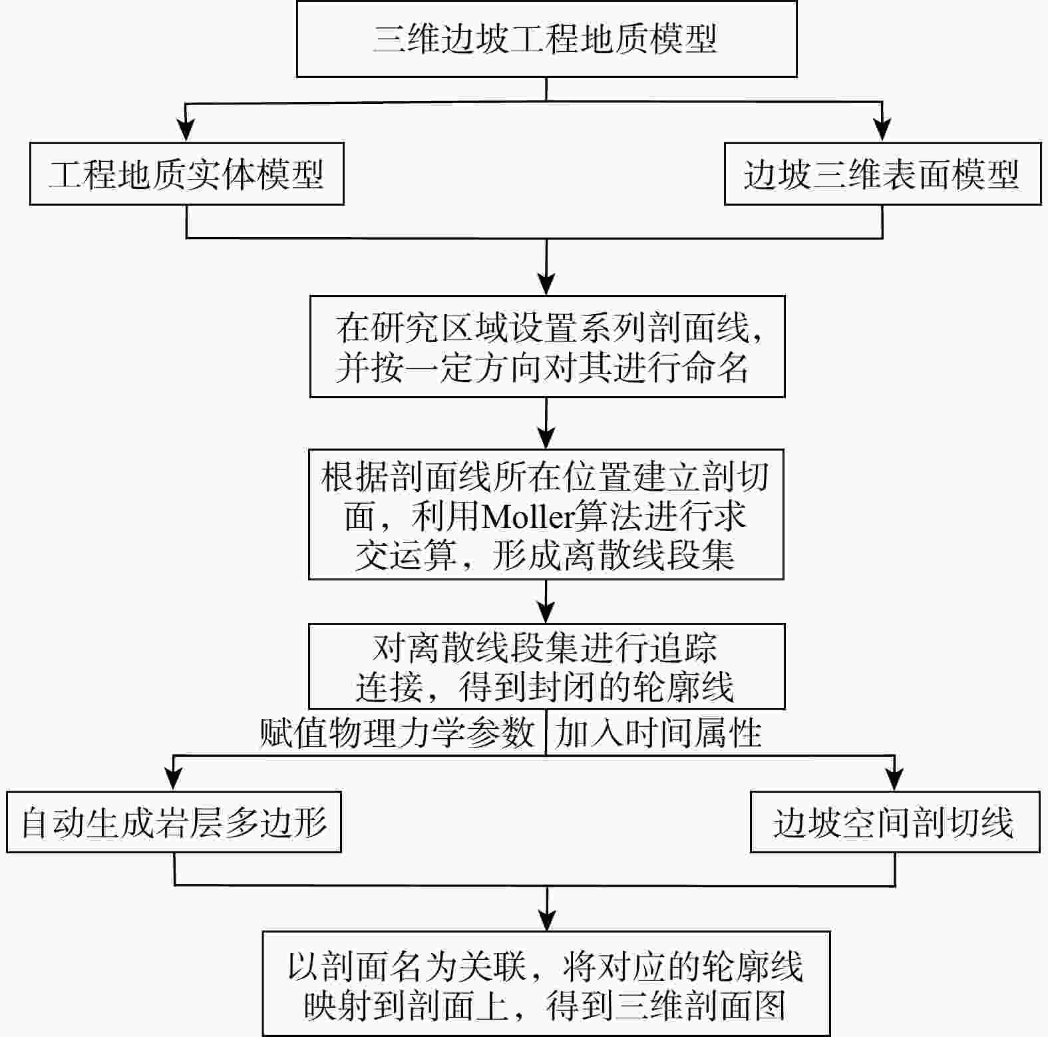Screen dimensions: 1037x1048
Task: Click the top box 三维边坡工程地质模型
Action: coord(546,39)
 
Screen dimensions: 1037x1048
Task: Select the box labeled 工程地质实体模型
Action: coord(186,174)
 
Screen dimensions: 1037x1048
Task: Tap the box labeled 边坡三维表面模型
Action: coord(882,174)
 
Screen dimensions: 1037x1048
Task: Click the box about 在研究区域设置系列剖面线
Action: coord(547,346)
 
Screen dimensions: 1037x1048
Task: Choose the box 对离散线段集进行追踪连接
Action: coord(546,666)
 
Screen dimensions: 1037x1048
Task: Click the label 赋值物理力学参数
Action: coord(397,733)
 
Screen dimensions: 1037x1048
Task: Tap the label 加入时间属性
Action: coord(658,733)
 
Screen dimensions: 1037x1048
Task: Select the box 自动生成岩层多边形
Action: coord(174,822)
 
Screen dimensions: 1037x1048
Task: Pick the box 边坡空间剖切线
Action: coord(894,822)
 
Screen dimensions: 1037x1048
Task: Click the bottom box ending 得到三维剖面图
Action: coord(546,983)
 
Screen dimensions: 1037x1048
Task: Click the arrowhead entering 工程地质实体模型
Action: coord(186,131)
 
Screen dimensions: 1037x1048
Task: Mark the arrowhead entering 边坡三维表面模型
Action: coord(882,131)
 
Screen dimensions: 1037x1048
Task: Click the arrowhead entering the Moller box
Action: coord(546,439)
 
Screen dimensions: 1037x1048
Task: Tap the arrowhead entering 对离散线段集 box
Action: coord(546,613)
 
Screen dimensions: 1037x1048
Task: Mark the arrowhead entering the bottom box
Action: coord(546,921)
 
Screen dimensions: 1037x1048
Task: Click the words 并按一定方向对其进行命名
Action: coord(542,367)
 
